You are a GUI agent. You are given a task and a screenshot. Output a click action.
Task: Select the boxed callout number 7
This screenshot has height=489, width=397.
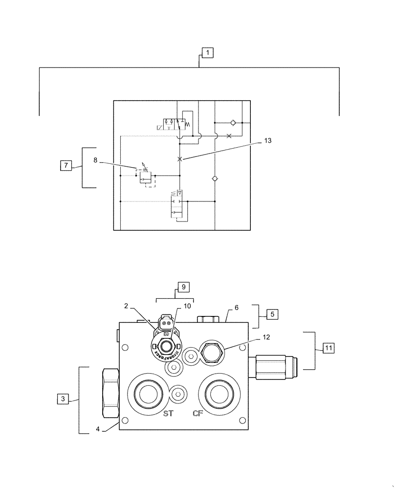(65, 165)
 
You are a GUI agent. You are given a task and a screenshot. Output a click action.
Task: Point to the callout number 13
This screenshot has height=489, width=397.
(267, 140)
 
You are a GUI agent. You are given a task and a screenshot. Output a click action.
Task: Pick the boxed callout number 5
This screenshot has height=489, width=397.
(272, 314)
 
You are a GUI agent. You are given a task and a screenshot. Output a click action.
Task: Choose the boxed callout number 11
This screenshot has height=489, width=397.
(328, 348)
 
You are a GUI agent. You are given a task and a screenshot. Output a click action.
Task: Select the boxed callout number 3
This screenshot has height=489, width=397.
(63, 399)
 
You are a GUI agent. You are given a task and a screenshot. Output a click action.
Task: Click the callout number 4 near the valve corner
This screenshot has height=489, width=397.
(98, 430)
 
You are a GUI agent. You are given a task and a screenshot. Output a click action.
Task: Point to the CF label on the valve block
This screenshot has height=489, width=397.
(198, 414)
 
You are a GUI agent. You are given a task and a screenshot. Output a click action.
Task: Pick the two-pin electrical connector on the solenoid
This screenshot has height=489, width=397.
(165, 323)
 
